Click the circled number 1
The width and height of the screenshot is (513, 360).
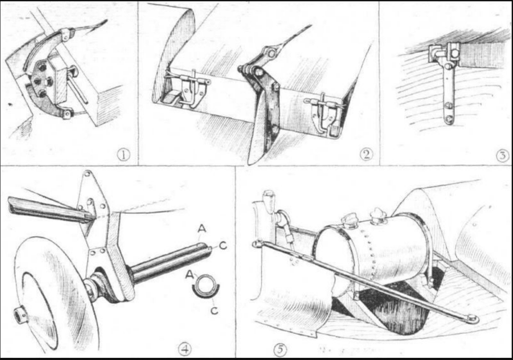(124, 155)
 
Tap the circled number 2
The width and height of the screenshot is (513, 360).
(366, 154)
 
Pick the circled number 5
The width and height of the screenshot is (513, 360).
(280, 350)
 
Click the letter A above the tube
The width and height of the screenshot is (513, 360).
(202, 229)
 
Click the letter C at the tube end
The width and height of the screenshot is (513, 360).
(223, 245)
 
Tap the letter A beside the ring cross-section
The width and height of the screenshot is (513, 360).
(189, 275)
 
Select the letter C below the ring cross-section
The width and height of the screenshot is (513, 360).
(214, 309)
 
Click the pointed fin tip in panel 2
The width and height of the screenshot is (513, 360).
(250, 162)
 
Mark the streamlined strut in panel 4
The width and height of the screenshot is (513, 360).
(49, 210)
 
